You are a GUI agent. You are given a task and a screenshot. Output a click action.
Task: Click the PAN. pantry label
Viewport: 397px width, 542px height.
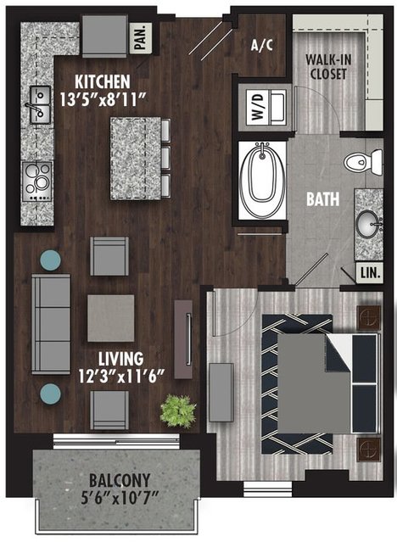[141, 37]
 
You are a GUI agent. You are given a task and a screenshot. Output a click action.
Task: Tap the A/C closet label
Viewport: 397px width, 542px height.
[262, 45]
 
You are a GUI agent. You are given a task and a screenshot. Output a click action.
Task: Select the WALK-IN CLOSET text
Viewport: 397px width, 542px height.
[328, 67]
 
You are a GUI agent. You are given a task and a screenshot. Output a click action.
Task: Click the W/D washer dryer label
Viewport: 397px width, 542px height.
[259, 107]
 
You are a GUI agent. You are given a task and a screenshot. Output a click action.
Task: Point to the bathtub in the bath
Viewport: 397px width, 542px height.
[263, 180]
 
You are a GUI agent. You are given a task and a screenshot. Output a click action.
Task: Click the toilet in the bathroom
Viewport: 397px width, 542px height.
[363, 161]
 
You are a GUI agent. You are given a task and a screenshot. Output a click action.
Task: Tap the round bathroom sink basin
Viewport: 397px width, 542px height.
[368, 224]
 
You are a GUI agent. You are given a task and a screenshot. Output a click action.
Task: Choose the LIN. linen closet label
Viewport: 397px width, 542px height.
[371, 273]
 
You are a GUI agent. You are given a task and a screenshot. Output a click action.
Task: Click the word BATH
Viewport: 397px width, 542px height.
[323, 199]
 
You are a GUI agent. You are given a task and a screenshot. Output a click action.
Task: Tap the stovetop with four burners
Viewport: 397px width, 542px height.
[37, 182]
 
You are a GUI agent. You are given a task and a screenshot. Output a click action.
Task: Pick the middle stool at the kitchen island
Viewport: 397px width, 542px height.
[165, 158]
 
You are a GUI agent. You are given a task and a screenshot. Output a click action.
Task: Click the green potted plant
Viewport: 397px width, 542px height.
[178, 411]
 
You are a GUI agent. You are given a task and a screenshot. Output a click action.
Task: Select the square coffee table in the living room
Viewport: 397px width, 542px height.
[110, 318]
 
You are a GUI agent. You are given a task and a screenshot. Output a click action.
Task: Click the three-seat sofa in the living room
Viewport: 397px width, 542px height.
[51, 324]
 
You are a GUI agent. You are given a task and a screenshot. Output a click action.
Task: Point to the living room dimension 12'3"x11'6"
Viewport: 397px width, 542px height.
[121, 376]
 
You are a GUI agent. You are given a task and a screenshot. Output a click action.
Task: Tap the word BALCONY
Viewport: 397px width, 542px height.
[120, 480]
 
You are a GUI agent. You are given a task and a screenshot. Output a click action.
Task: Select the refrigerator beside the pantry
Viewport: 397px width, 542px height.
[105, 36]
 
